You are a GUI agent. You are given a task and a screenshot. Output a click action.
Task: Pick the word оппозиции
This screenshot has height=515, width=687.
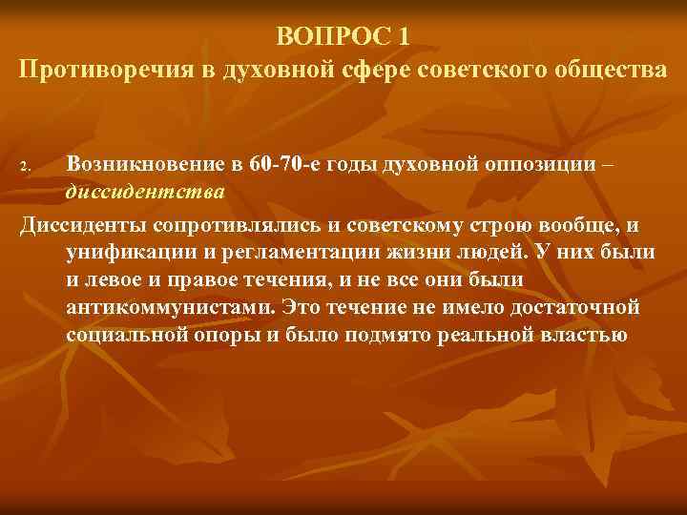535,166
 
